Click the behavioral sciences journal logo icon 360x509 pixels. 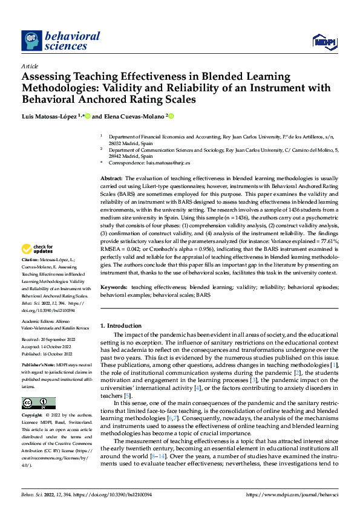[x=31, y=41]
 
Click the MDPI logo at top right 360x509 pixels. [x=325, y=41]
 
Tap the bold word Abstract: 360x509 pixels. [x=111, y=179]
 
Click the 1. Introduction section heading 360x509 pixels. [x=121, y=326]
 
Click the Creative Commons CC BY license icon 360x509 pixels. [x=38, y=403]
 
